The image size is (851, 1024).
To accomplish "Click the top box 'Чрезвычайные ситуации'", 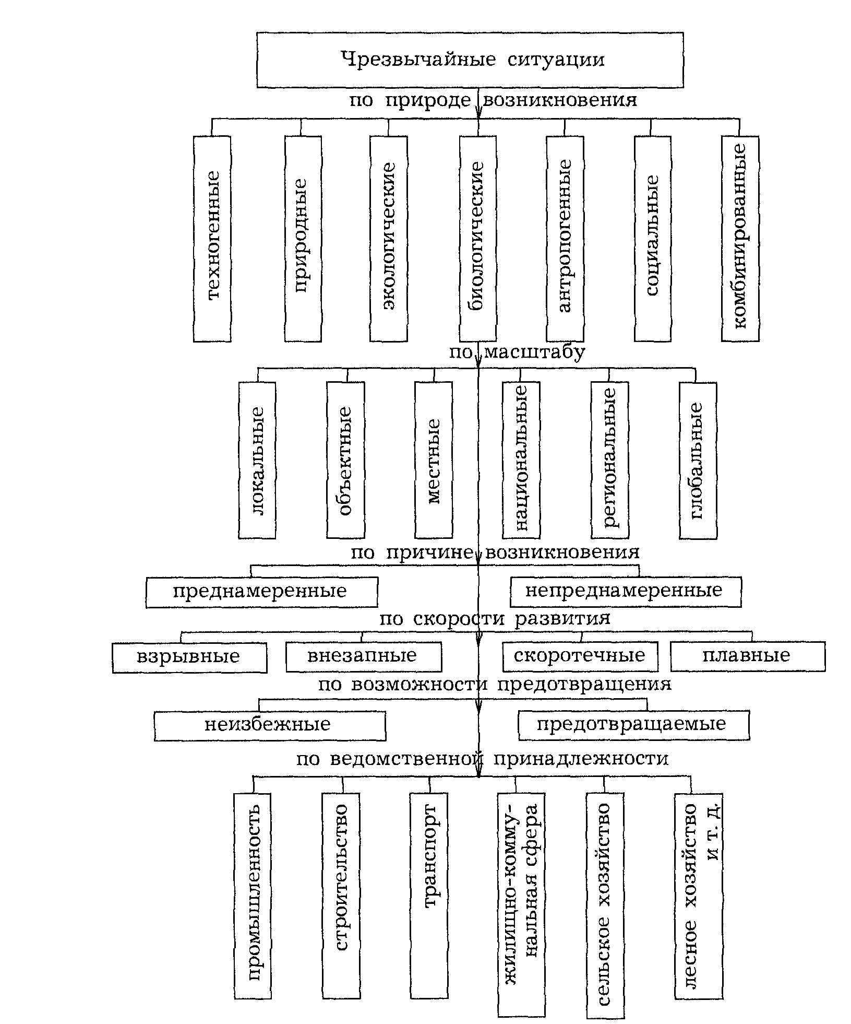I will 470,60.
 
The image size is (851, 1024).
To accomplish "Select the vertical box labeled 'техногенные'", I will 212,239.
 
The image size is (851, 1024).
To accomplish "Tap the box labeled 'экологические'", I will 388,239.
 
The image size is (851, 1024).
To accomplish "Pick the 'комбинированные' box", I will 740,239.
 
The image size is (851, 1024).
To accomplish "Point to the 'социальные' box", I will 652,239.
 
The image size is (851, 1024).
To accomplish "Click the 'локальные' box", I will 257,460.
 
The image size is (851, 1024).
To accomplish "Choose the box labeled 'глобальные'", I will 698,460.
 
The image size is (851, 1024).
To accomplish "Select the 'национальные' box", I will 521,460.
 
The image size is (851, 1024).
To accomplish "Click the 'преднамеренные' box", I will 261,592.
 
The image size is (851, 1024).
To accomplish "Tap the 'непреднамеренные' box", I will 625,592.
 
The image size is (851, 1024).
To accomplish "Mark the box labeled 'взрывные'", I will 189,657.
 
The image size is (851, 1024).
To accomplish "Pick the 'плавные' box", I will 747,656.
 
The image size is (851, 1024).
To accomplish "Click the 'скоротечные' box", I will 580,656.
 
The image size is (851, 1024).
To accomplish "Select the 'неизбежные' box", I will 270,725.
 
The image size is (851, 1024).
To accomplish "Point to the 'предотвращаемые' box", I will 633,725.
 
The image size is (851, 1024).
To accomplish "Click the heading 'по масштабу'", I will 517,352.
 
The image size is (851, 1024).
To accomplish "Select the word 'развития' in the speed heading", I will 562,619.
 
